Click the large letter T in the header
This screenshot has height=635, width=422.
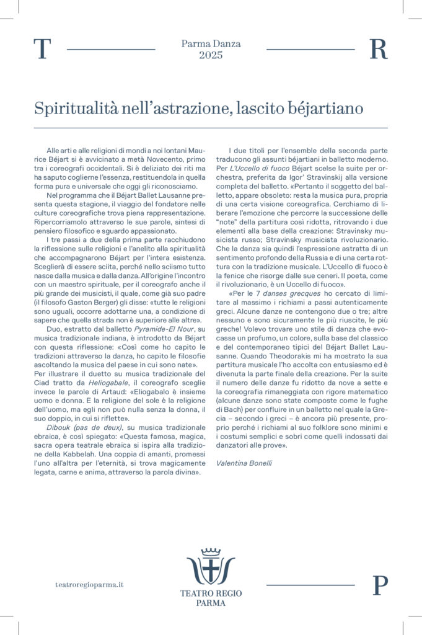(x=41, y=50)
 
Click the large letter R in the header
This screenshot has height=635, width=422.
(x=378, y=50)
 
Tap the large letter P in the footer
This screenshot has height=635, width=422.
(x=380, y=585)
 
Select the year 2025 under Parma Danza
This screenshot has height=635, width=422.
(x=211, y=56)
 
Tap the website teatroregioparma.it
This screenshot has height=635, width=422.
(x=90, y=585)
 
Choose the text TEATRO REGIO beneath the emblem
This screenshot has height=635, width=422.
(x=211, y=593)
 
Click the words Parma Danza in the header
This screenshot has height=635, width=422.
(x=211, y=44)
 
